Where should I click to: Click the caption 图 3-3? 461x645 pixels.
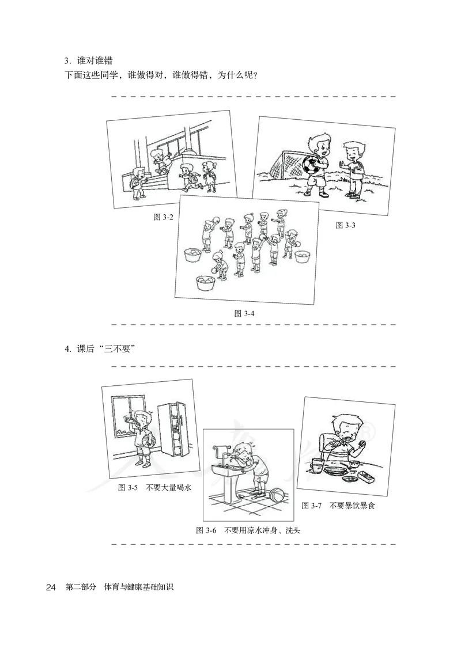pos(346,225)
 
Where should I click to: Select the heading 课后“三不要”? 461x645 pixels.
pos(103,349)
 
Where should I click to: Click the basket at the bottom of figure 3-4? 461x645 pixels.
pos(204,282)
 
